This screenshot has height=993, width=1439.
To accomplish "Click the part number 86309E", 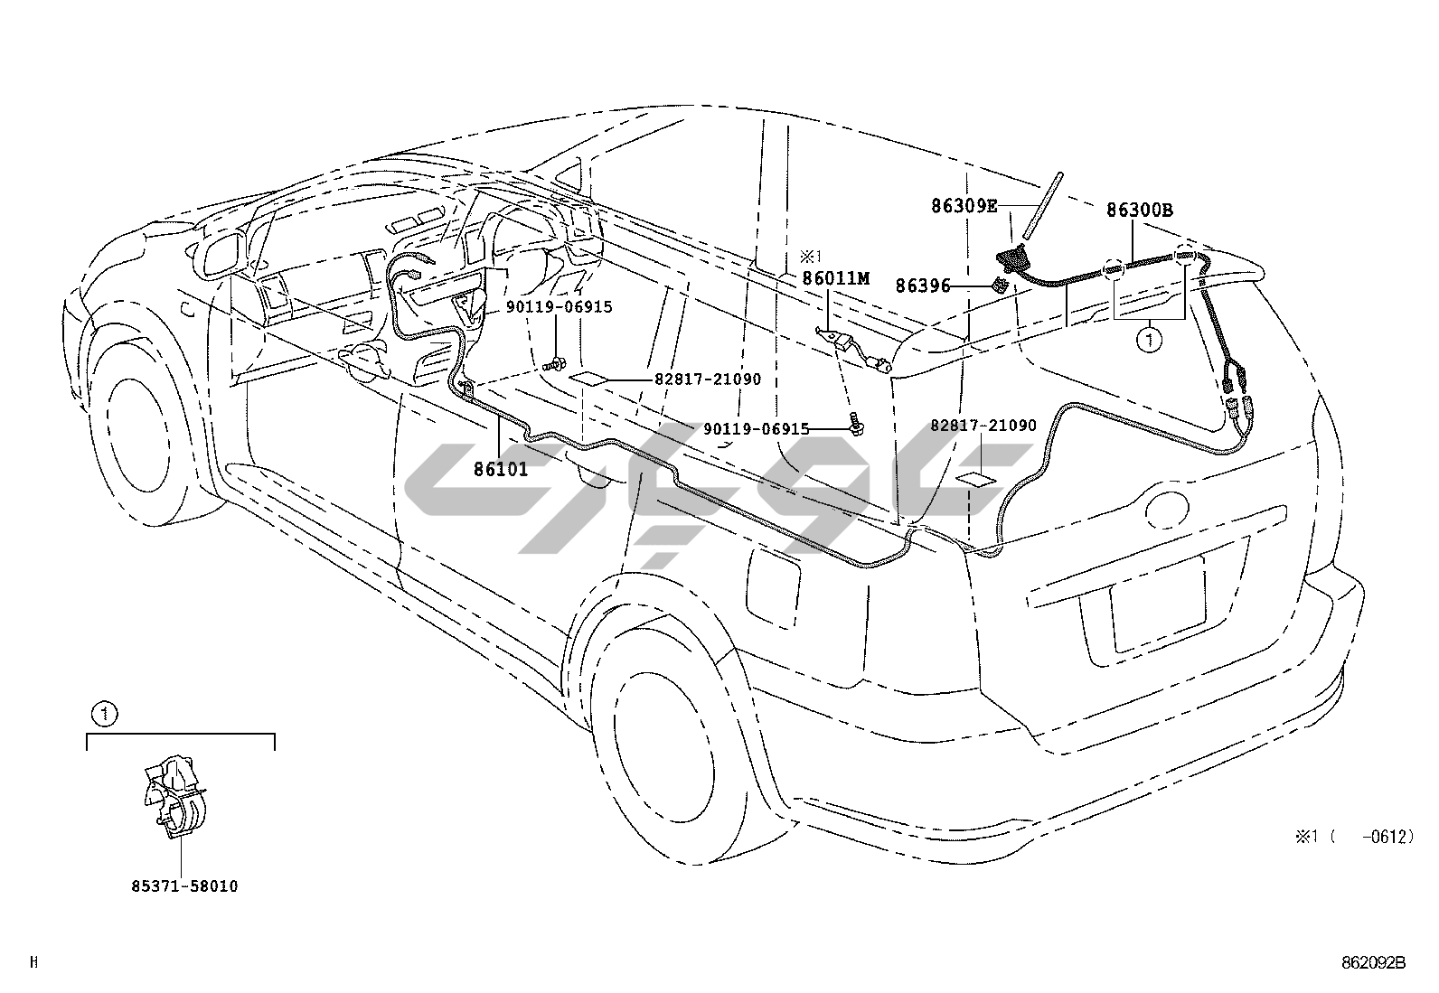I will tap(964, 206).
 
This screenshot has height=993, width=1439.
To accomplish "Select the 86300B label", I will tap(1139, 211).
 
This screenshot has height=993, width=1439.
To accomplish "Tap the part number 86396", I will tap(923, 286).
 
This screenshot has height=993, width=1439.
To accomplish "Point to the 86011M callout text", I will tap(835, 279).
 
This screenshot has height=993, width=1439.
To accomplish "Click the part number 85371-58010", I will tap(183, 886).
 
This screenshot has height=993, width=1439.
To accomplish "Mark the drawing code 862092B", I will tap(1374, 963).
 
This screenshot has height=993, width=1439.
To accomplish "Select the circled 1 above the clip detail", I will tap(105, 715).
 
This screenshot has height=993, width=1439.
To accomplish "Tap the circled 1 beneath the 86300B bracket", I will tap(1150, 342).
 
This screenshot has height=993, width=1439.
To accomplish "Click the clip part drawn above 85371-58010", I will tap(177, 795).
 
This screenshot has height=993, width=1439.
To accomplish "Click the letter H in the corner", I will tap(33, 963).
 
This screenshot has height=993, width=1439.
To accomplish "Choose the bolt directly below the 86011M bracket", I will tap(854, 421).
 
